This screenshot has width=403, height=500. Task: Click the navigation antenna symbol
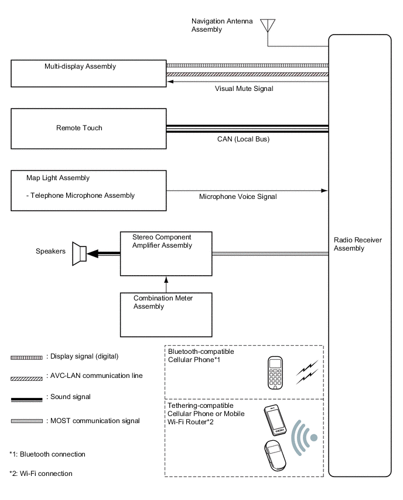click(268, 26)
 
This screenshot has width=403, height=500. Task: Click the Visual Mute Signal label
click(244, 89)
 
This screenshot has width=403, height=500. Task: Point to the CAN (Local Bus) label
click(243, 140)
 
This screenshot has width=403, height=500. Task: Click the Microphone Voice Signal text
click(238, 197)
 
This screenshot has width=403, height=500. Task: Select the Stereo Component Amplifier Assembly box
click(166, 254)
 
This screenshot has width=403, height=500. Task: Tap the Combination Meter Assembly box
click(166, 314)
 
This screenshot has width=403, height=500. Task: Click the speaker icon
click(79, 254)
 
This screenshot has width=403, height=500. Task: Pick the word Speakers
click(50, 252)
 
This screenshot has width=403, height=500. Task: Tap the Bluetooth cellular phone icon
click(275, 373)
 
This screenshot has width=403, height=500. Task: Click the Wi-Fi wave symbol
click(305, 437)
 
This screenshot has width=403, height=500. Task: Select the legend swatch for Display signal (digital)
click(26, 357)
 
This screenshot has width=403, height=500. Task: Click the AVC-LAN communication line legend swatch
click(26, 377)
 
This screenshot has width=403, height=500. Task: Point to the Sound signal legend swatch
click(26, 398)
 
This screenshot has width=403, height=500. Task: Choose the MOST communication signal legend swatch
click(26, 421)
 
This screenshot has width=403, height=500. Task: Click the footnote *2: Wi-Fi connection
click(41, 474)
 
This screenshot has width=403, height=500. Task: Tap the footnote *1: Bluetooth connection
click(47, 454)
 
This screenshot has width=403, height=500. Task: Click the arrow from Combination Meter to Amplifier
click(166, 284)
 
